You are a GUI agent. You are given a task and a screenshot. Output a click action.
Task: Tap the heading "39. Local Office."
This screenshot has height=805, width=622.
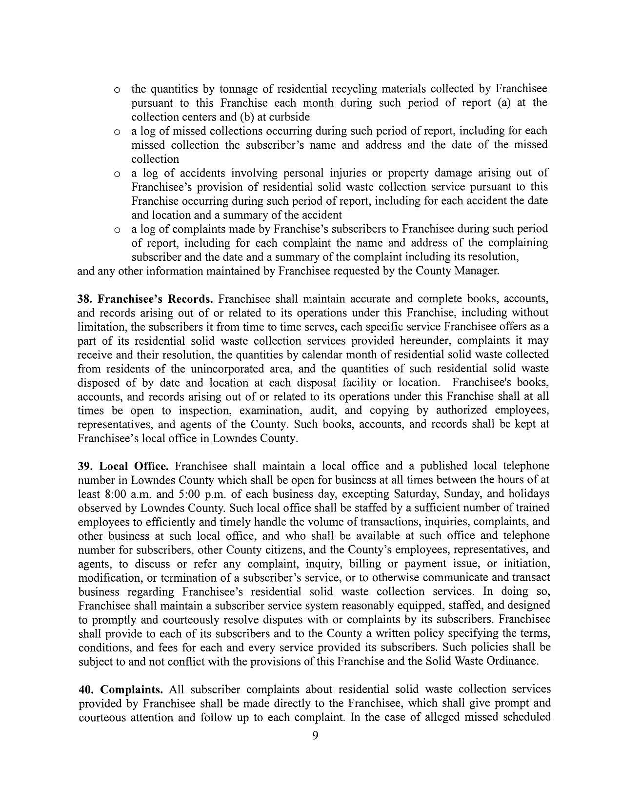(123, 466)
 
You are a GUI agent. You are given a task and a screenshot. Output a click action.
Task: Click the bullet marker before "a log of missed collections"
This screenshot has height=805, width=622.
(117, 132)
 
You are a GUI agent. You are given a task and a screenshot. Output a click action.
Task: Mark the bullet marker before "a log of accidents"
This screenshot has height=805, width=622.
(117, 174)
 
